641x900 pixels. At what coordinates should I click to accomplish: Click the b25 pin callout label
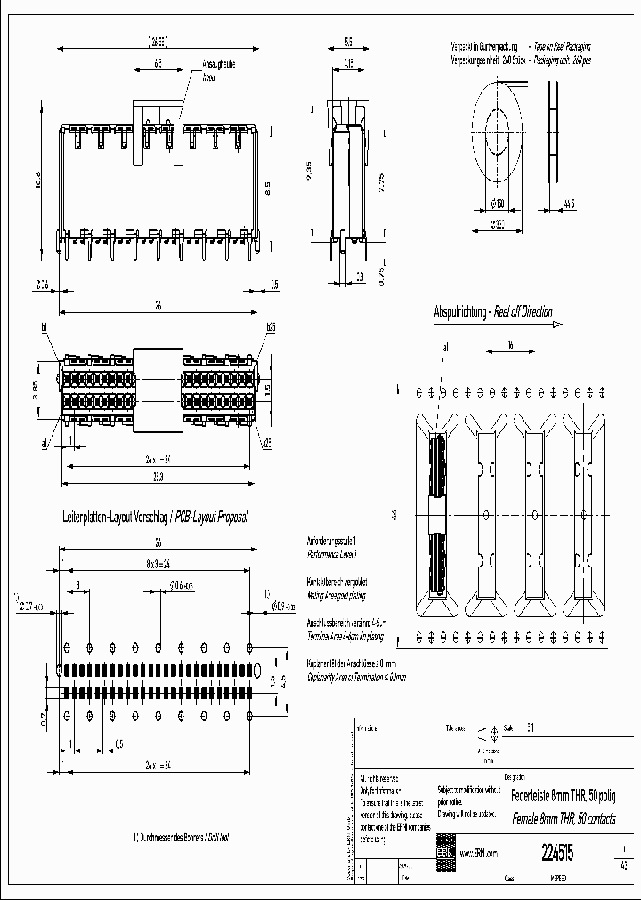point(270,327)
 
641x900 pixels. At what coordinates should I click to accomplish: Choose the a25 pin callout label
point(268,441)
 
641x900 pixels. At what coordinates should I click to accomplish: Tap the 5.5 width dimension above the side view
point(347,42)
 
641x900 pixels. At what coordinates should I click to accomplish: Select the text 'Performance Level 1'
point(330,553)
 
